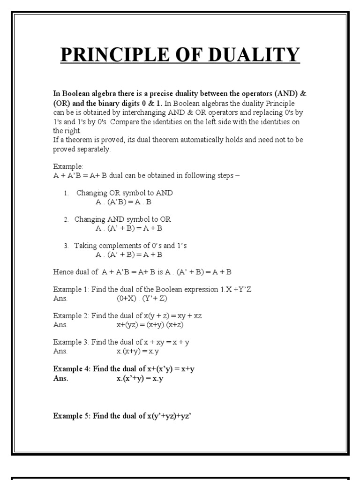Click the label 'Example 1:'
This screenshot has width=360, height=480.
pos(71,290)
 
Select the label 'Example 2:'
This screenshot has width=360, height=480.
pos(71,316)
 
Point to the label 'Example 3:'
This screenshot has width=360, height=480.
pos(71,342)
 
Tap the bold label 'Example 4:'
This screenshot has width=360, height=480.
pos(72,369)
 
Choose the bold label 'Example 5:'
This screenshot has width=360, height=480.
pos(72,415)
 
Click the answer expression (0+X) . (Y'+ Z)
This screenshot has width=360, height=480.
pos(142,299)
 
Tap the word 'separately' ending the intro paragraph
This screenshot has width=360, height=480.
pos(94,150)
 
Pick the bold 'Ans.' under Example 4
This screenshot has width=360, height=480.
pos(60,378)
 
